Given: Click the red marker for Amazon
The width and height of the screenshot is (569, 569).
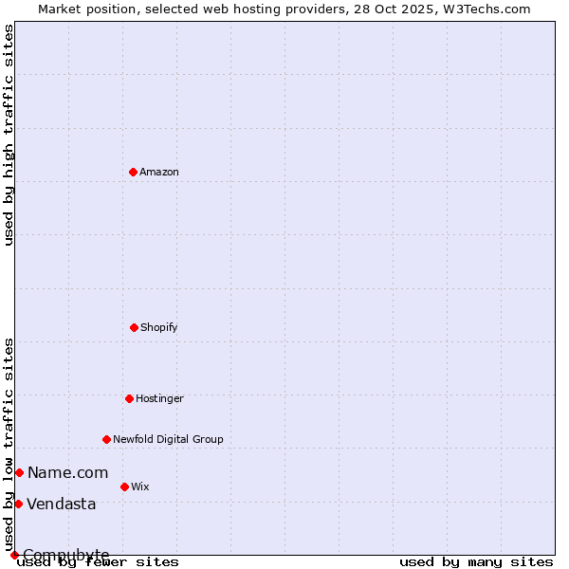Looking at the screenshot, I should [133, 172].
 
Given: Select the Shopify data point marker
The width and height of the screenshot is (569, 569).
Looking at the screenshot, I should [134, 327].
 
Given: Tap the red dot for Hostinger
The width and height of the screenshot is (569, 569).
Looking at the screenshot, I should [129, 398].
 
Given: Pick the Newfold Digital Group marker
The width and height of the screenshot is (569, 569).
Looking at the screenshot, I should [106, 439].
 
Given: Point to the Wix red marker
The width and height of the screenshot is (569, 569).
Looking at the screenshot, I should [124, 486].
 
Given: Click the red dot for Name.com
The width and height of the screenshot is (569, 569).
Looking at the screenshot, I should [19, 472].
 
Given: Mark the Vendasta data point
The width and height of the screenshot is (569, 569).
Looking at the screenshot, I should [18, 504].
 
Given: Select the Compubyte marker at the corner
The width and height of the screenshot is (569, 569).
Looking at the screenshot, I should [14, 555].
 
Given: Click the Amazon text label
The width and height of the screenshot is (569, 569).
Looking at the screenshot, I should [159, 172].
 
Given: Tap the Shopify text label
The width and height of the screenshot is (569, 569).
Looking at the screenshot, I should [159, 327].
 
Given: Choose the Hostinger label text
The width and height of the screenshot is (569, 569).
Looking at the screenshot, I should [159, 398].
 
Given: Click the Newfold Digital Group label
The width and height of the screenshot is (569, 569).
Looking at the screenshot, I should [168, 439].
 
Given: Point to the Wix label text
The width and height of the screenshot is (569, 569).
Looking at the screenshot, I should [140, 486].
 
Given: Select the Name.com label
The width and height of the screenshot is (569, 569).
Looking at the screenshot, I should [67, 472].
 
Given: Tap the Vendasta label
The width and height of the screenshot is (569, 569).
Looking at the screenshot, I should [62, 504].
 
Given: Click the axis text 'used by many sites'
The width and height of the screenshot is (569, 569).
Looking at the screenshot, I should [476, 561].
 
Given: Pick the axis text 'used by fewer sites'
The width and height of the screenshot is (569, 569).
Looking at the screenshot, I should [99, 561].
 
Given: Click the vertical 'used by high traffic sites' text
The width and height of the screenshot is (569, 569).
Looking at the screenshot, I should [9, 135].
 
